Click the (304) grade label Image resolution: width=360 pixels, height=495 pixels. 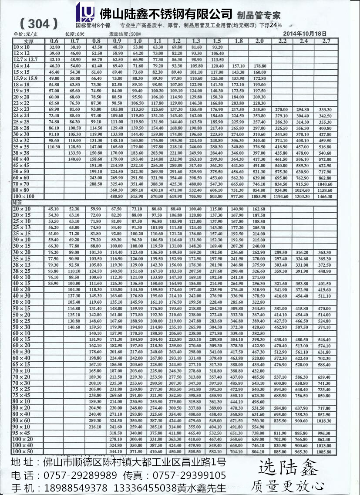tap(39, 23)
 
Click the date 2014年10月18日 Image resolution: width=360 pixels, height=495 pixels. tap(304, 33)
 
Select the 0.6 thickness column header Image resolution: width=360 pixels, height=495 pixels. tap(54, 41)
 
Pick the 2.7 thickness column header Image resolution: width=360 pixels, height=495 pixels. tap(325, 41)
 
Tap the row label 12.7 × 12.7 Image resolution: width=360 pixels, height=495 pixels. tap(25, 59)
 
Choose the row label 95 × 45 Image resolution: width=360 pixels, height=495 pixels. tap(21, 434)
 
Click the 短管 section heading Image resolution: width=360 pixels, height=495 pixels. tap(17, 202)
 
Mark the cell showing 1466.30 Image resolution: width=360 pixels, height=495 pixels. tap(325, 197)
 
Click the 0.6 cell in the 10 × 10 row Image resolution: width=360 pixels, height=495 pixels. tap(54, 47)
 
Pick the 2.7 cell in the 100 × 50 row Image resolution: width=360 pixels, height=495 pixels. tap(325, 452)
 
